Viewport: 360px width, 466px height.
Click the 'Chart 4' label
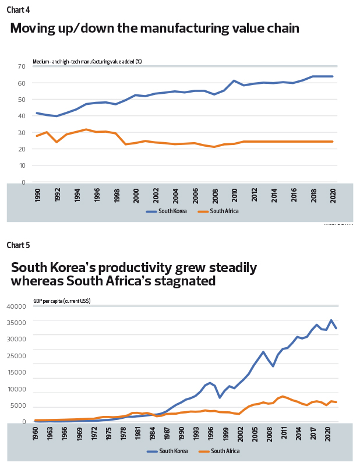[18, 10]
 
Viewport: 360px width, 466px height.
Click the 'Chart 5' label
[18, 245]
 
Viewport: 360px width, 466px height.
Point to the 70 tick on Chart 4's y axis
[21, 66]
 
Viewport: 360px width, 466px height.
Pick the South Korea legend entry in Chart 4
[168, 211]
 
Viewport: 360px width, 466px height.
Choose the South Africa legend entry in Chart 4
[219, 211]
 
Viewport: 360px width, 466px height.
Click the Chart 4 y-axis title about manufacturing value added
[87, 61]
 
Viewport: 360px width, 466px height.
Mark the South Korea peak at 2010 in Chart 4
[234, 81]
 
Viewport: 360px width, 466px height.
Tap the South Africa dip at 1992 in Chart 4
[57, 142]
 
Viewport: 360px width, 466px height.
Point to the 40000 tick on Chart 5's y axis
[16, 306]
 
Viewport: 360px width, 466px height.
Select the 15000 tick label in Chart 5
[16, 372]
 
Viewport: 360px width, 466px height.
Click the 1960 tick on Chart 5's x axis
[36, 435]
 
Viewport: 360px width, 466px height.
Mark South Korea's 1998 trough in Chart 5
[220, 397]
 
